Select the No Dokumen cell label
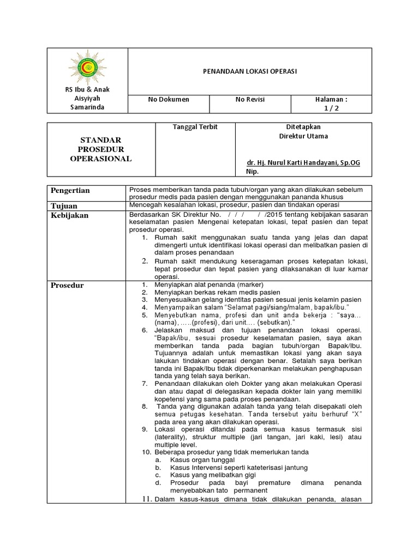point(169,99)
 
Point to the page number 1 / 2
point(331,108)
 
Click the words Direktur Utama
point(303,136)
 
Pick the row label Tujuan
point(64,205)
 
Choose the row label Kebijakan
point(70,215)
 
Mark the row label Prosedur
point(68,285)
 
